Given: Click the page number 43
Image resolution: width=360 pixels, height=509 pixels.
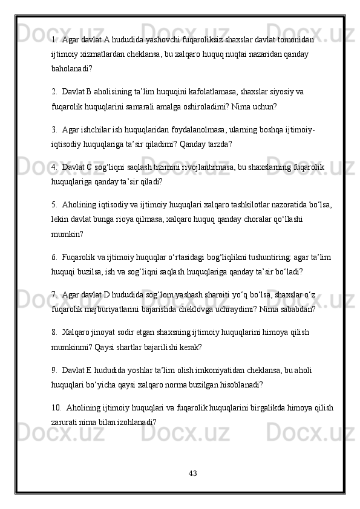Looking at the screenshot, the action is click(192, 471).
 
